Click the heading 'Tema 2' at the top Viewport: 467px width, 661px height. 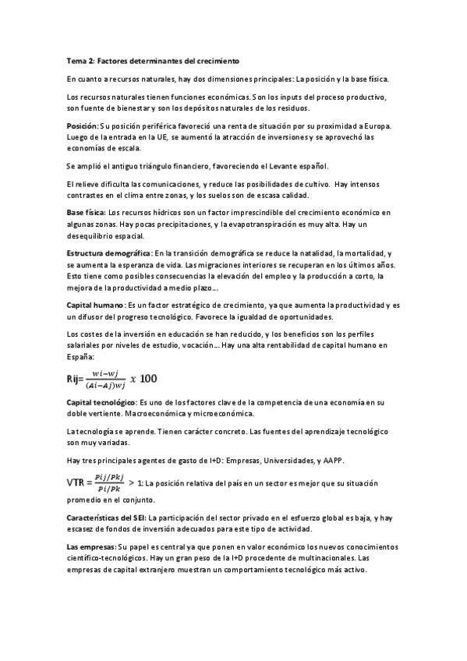(x=81, y=61)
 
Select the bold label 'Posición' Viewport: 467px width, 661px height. (x=83, y=126)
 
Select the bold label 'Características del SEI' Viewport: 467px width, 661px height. (x=106, y=518)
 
